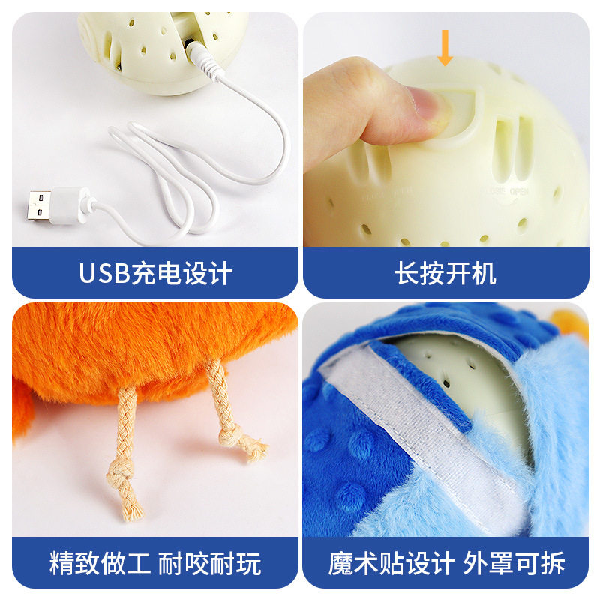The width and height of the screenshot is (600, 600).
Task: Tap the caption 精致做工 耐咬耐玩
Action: [x=155, y=562]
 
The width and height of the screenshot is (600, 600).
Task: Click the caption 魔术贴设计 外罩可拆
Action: [x=445, y=562]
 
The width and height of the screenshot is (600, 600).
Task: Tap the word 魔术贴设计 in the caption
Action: [x=391, y=562]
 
